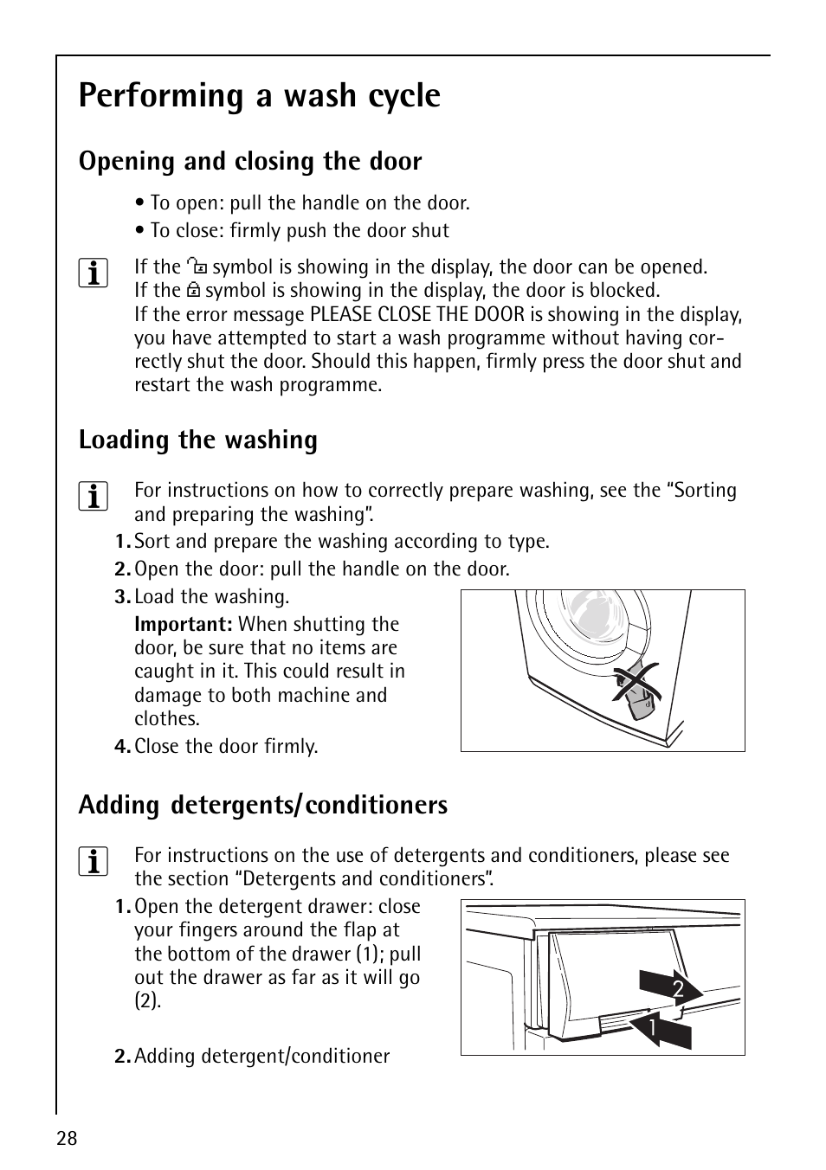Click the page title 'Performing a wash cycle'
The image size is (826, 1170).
point(259,95)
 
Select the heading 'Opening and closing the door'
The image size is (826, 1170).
point(250,162)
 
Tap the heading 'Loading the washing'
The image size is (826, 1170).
point(197,440)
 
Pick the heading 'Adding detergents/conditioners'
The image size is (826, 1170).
point(262,806)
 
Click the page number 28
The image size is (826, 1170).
point(68,1138)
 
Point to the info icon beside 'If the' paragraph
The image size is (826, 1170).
point(93,274)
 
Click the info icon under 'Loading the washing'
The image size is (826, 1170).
point(93,498)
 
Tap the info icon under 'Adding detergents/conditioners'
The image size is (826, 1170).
point(93,863)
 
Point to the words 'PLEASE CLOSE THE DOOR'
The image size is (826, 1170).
point(417,315)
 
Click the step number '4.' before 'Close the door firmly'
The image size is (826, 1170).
point(122,747)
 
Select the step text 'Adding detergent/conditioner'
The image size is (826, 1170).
point(261,1057)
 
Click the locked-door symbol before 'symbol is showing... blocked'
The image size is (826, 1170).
point(194,291)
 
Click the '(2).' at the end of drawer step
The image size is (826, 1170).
point(147,1001)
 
